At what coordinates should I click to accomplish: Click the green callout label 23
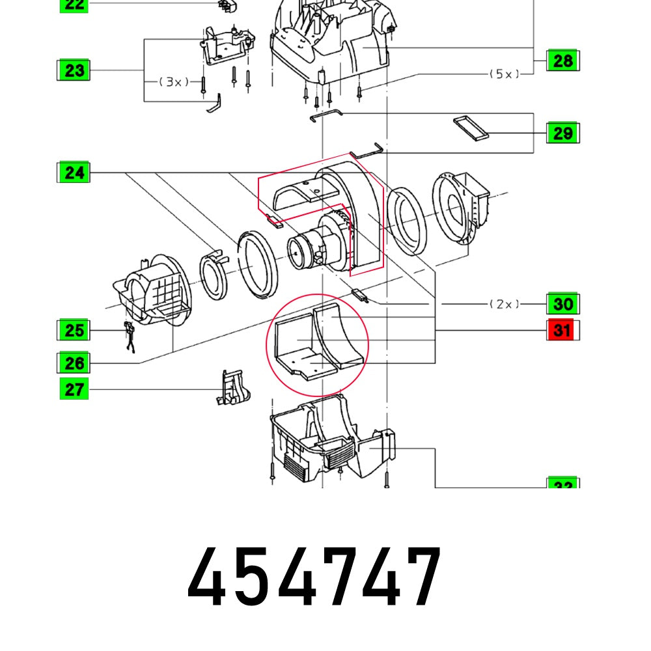(74, 70)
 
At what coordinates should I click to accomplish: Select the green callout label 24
(74, 173)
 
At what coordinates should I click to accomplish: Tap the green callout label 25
(74, 330)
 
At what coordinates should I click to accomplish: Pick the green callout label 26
(74, 363)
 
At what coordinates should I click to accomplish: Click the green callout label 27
(74, 390)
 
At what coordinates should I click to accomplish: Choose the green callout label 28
(562, 61)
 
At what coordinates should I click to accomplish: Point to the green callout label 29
(562, 133)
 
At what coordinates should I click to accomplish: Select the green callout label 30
(562, 304)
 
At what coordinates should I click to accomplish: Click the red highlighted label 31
(562, 331)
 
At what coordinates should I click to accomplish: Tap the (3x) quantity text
(174, 82)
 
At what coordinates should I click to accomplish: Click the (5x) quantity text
(505, 74)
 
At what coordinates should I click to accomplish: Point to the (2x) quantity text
(505, 304)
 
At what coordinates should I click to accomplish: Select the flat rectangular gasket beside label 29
(471, 128)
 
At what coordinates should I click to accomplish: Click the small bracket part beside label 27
(232, 388)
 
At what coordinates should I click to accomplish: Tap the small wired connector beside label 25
(130, 335)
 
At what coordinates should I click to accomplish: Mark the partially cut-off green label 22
(74, 5)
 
